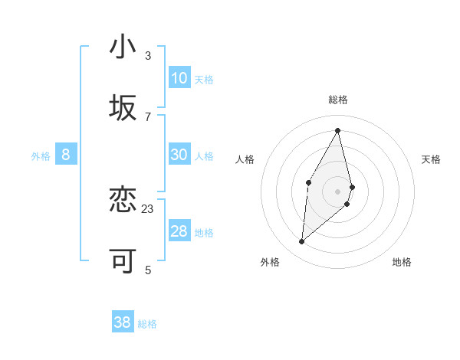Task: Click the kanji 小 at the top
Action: pyautogui.click(x=123, y=47)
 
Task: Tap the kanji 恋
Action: pyautogui.click(x=123, y=200)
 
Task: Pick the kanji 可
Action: pyautogui.click(x=123, y=261)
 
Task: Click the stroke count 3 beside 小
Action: pyautogui.click(x=147, y=55)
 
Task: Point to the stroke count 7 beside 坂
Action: pyautogui.click(x=147, y=116)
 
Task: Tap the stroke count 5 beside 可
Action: pyautogui.click(x=147, y=270)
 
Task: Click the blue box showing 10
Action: pyautogui.click(x=179, y=77)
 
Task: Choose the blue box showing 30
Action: pyautogui.click(x=179, y=155)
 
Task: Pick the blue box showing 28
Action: pyautogui.click(x=179, y=231)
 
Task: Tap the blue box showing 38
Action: pyautogui.click(x=123, y=322)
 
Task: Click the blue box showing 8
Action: pyautogui.click(x=66, y=155)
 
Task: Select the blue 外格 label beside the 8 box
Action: pyautogui.click(x=41, y=155)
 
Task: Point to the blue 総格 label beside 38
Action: pyautogui.click(x=147, y=324)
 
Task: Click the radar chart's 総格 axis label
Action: pyautogui.click(x=338, y=100)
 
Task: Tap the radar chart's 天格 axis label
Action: pyautogui.click(x=431, y=159)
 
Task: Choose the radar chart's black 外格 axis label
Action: pyautogui.click(x=270, y=262)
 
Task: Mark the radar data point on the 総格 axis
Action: pyautogui.click(x=338, y=130)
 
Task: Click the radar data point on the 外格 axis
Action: pyautogui.click(x=302, y=241)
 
